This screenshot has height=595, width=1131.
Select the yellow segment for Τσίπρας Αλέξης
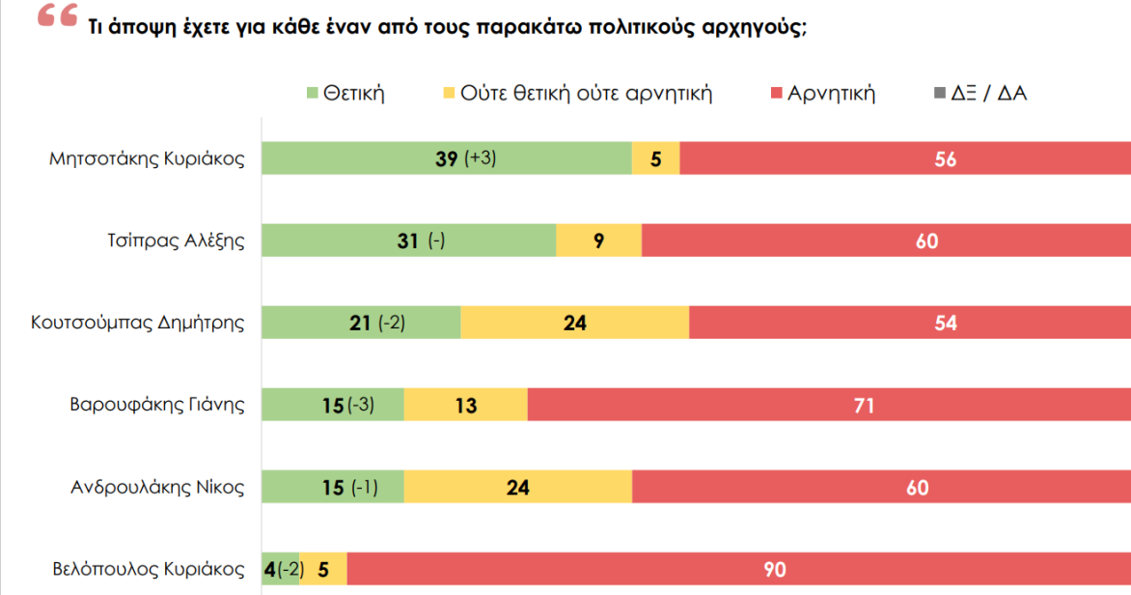point(598,241)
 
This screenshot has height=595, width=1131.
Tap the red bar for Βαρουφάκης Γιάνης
point(829,405)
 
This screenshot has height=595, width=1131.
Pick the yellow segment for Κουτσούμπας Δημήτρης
point(574,323)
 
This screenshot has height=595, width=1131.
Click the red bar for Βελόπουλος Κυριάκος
point(738,570)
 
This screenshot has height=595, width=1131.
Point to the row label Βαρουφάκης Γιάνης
point(157,405)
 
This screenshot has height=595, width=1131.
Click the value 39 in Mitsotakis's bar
point(447,158)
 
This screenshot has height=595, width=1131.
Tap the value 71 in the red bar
point(864,405)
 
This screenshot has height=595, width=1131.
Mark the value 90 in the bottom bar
point(775,570)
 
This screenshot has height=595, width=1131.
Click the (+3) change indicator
point(480,158)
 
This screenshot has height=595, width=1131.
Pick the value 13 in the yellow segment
point(466,405)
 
